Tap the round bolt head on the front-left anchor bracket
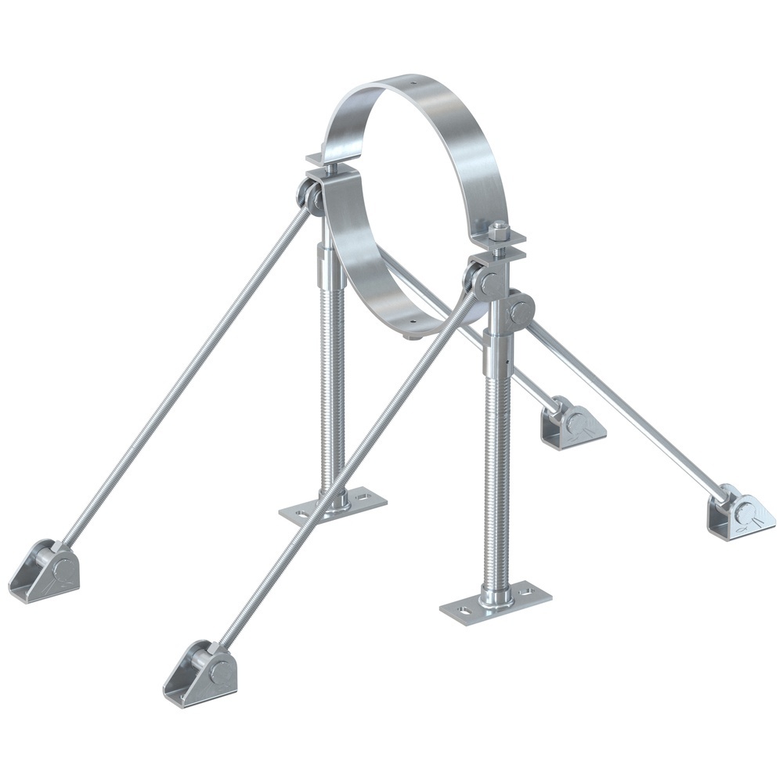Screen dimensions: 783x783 coord(222,668)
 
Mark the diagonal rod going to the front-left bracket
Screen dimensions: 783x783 coord(345,470)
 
